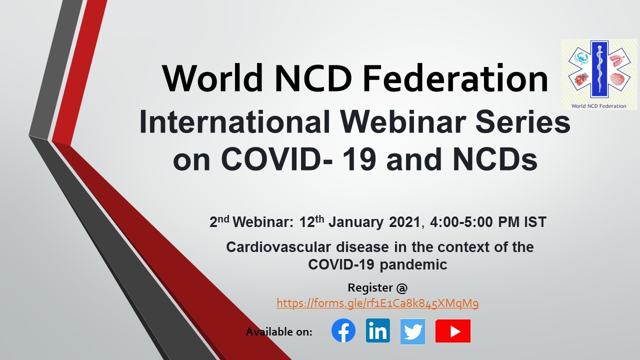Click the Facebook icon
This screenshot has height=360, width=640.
click(x=343, y=330)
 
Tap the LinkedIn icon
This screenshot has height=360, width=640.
click(x=377, y=330)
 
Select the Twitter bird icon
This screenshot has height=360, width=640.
click(x=412, y=331)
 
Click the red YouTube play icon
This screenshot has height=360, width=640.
click(x=453, y=331)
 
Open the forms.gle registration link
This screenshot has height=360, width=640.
click(x=377, y=303)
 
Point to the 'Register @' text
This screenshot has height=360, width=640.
click(x=377, y=287)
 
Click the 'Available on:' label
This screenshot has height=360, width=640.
click(x=279, y=331)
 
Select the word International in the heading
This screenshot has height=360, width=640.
click(x=235, y=122)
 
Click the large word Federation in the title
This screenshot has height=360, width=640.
click(x=455, y=78)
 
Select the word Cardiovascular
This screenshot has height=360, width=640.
click(x=278, y=247)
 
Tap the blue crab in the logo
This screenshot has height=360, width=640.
click(x=580, y=59)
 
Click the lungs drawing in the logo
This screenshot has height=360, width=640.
click(x=617, y=59)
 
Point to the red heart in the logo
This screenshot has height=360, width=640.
click(x=581, y=79)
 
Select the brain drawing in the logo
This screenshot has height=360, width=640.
click(x=616, y=79)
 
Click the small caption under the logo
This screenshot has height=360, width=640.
click(x=599, y=106)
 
